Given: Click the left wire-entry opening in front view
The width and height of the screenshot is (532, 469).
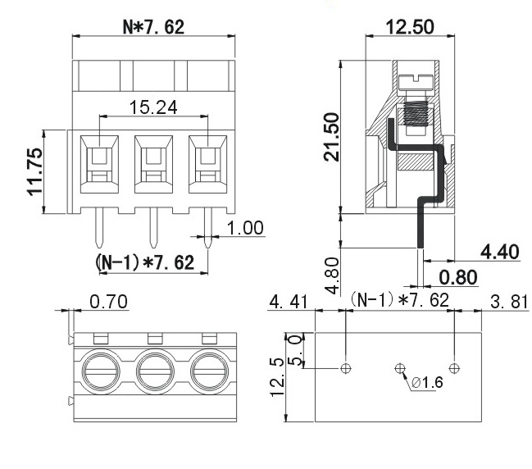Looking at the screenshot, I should [98, 157].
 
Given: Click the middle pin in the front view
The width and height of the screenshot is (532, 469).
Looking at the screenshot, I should [152, 226].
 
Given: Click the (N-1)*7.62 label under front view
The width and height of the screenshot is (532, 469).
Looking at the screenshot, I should [146, 262].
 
